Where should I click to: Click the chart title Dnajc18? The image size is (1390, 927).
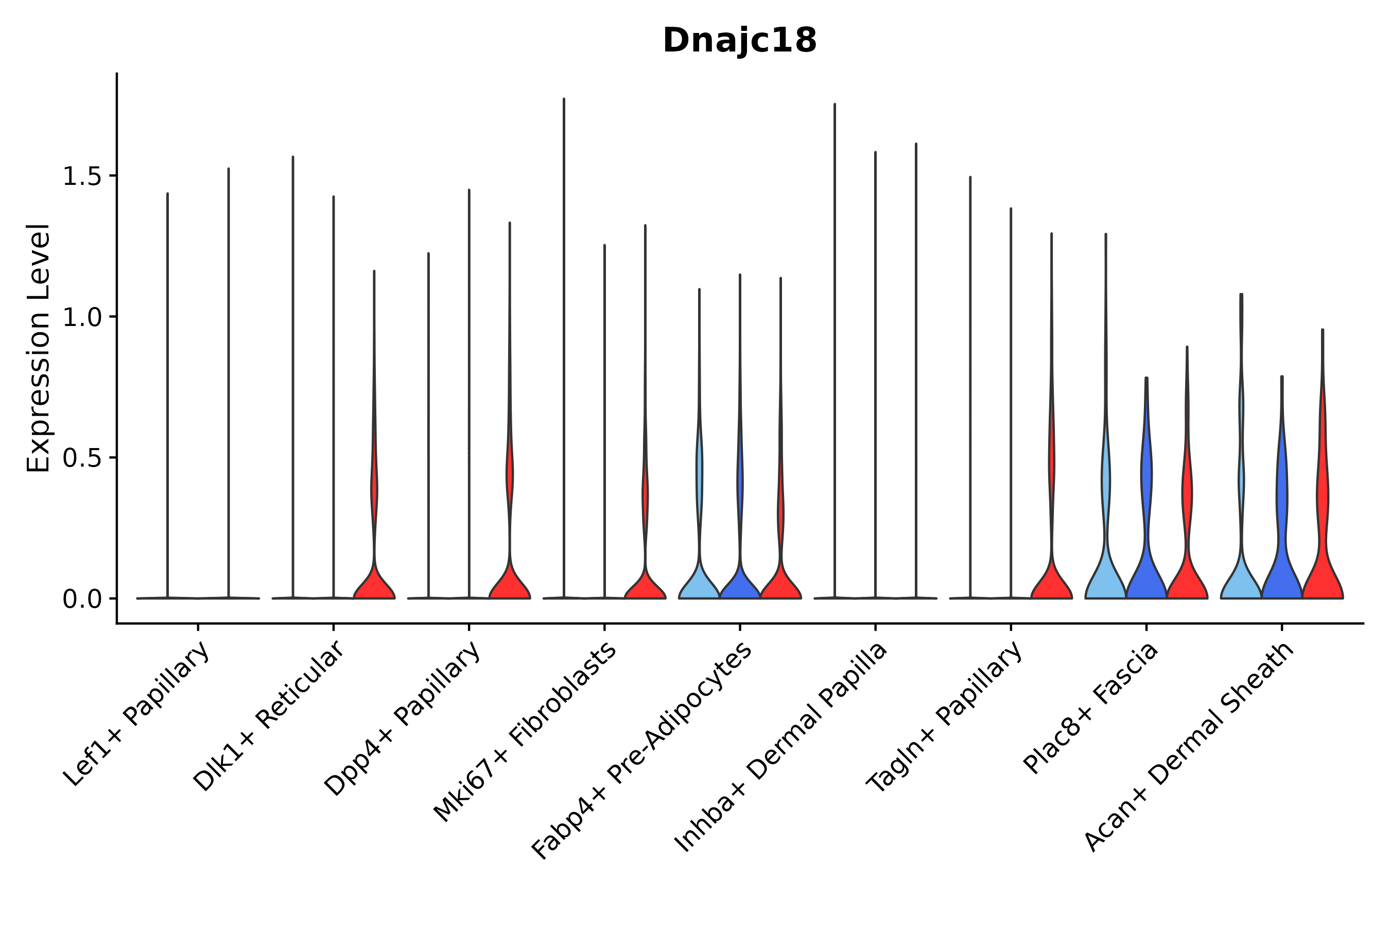tap(739, 41)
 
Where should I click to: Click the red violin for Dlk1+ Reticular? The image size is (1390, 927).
tap(374, 582)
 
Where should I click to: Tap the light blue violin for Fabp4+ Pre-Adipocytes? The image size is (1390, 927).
tap(699, 582)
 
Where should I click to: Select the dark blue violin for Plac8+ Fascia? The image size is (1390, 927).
tap(1146, 568)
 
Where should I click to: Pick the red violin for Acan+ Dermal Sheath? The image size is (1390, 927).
tap(1323, 568)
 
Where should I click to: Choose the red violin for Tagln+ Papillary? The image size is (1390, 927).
tap(1051, 582)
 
